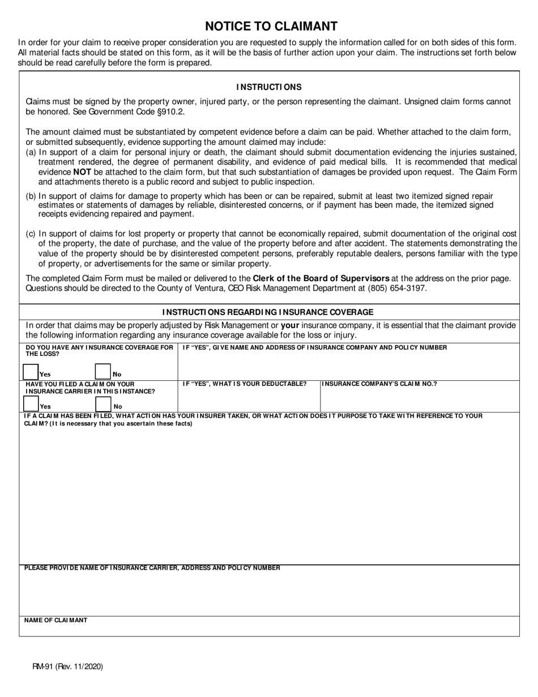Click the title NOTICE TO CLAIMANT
(x=271, y=26)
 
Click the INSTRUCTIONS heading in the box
(x=269, y=87)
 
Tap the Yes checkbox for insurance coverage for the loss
(x=31, y=371)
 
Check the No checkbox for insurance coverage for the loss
(x=103, y=371)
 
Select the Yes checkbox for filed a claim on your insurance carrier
(x=31, y=403)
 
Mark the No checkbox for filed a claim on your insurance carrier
(x=103, y=403)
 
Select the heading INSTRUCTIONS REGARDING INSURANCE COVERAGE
(x=268, y=312)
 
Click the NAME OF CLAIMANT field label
(x=55, y=620)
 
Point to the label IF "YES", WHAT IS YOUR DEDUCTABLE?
(x=244, y=384)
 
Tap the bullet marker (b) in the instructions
(x=31, y=196)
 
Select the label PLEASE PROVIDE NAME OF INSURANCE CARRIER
(x=152, y=568)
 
